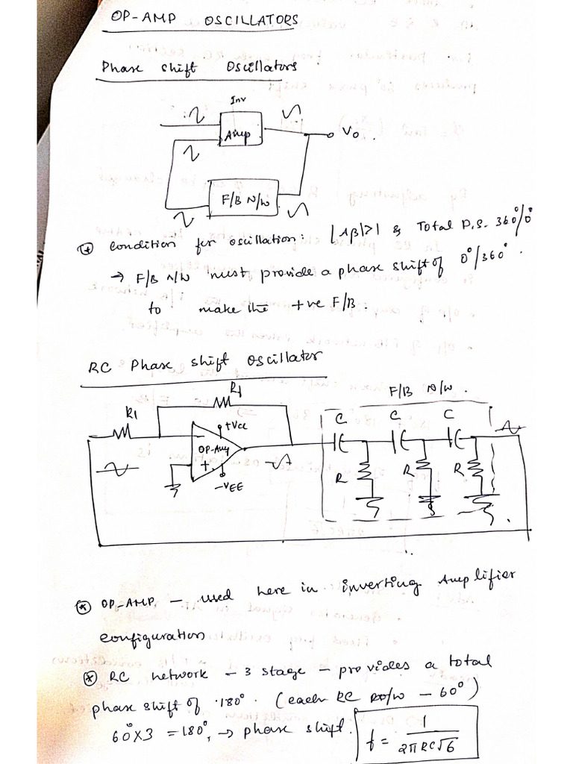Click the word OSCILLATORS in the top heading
(251, 20)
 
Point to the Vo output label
(351, 131)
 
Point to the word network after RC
(180, 674)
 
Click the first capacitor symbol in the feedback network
(340, 442)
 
